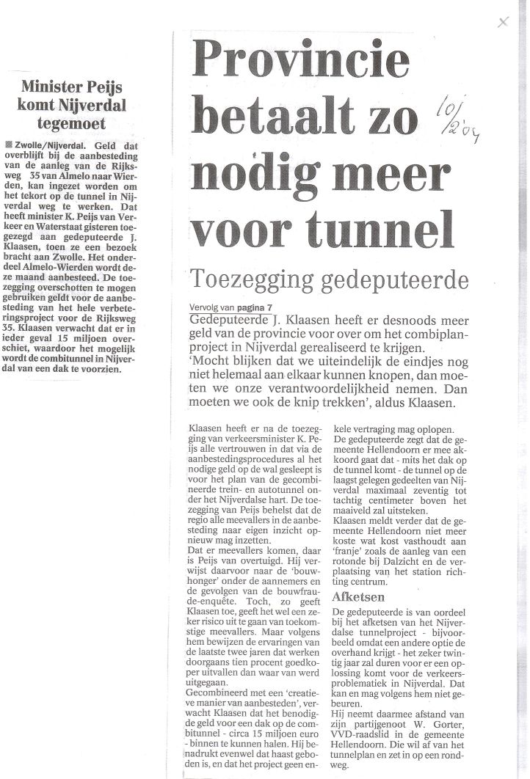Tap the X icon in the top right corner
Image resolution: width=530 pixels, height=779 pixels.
(503, 22)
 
